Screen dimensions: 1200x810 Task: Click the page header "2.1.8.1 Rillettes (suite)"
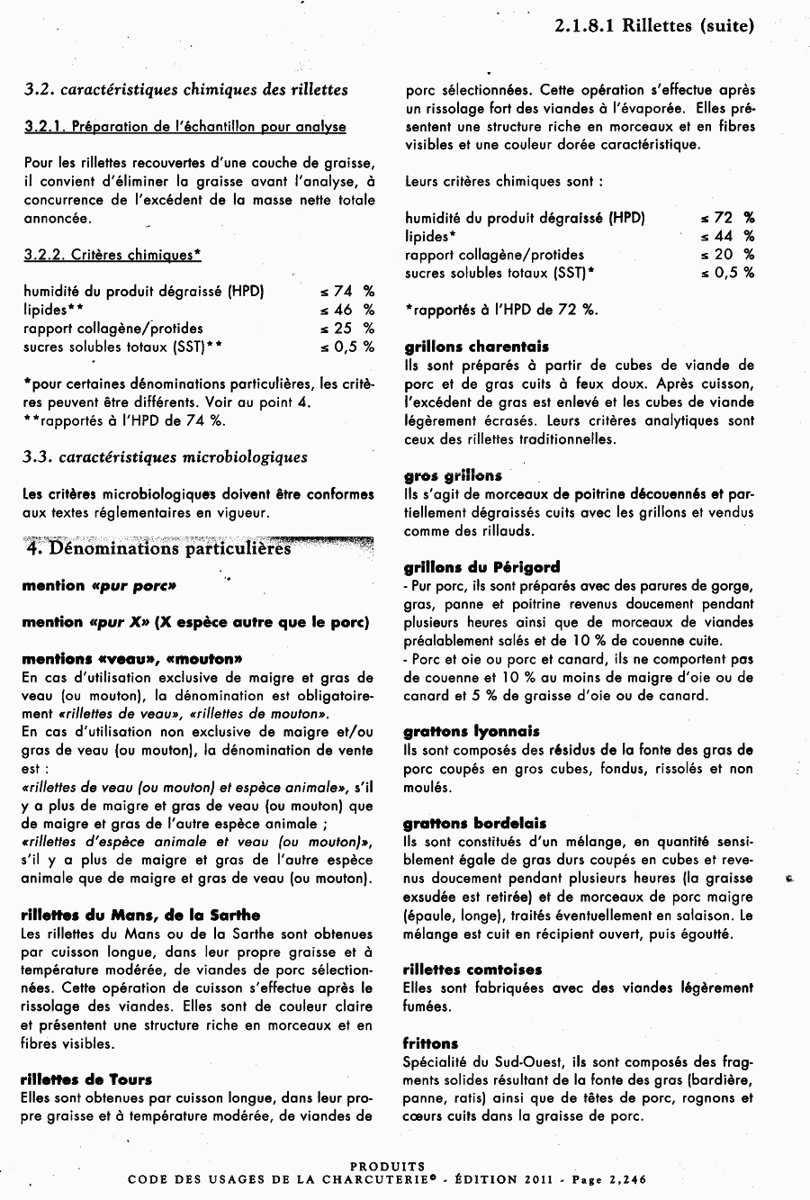[653, 26]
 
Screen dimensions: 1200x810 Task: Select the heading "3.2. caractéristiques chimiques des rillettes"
[185, 90]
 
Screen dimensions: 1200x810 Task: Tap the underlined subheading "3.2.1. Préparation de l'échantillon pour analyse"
[184, 127]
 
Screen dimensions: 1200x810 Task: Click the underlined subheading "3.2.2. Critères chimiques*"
[112, 256]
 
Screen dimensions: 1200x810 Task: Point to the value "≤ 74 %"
[346, 292]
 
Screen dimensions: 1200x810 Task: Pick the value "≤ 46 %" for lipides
[346, 310]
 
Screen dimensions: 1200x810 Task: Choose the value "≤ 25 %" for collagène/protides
[346, 329]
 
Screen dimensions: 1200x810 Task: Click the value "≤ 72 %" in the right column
[727, 218]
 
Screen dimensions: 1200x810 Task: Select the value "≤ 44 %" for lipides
[727, 236]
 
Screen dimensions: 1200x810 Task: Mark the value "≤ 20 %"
[727, 255]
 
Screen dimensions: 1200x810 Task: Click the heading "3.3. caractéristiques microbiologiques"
[165, 457]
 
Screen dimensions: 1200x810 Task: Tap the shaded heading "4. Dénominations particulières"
[158, 548]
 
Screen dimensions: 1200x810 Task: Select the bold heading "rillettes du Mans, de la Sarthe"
[140, 915]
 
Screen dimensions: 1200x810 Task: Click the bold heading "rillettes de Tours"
[86, 1079]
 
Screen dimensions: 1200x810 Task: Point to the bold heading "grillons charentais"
[476, 347]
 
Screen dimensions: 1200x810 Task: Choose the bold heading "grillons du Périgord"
[481, 567]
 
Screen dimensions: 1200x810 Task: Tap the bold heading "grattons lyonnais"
[472, 732]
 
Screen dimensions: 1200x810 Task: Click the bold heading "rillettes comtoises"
[472, 970]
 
